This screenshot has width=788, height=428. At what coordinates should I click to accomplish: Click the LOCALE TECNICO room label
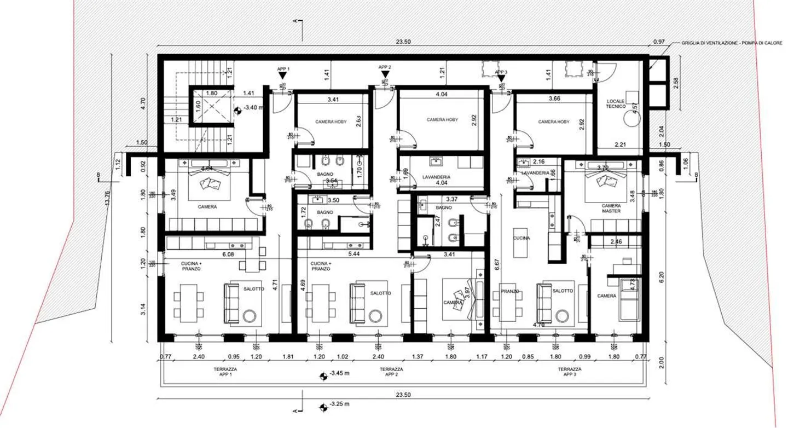click(x=616, y=104)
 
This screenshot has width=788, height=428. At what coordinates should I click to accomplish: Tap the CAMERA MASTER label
click(x=611, y=208)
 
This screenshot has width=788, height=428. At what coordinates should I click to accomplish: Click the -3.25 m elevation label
click(x=339, y=405)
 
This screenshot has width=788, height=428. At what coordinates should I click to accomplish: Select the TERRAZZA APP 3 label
click(x=570, y=373)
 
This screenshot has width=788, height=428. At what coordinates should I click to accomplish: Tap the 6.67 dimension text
click(x=496, y=265)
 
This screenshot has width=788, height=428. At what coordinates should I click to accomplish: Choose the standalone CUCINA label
click(x=521, y=238)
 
